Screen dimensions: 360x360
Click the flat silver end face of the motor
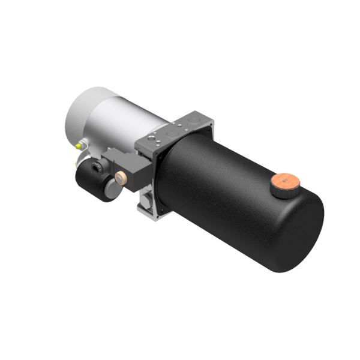[81, 114]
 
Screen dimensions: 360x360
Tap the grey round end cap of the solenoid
[112, 190]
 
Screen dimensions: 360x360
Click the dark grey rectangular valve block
[129, 168]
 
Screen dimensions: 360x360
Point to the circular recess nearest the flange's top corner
[193, 119]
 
